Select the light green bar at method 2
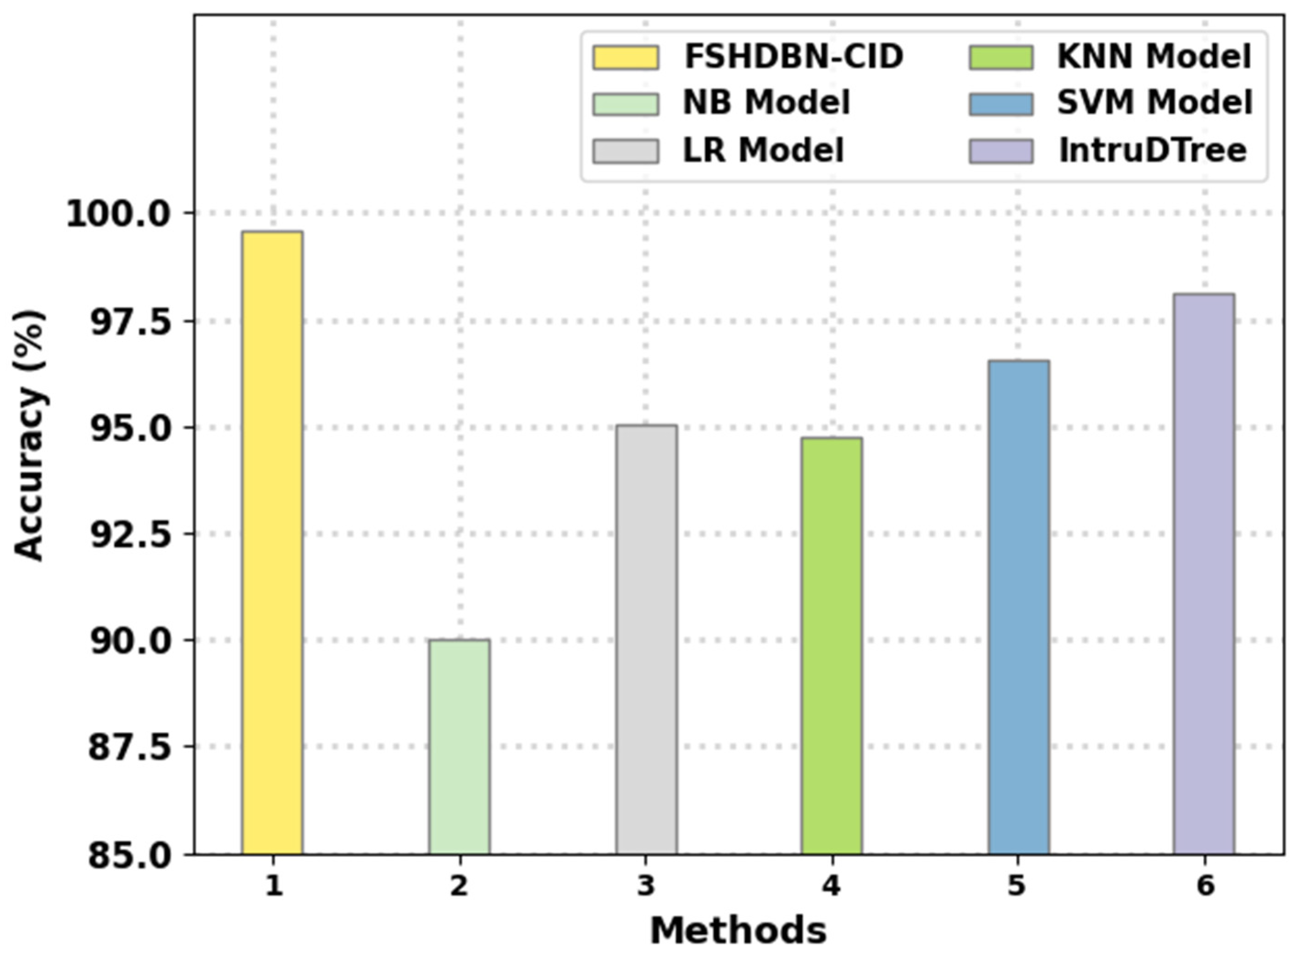pyautogui.click(x=459, y=746)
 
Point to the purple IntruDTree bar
pyautogui.click(x=1204, y=573)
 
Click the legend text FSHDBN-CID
pyautogui.click(x=793, y=57)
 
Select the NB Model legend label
pyautogui.click(x=766, y=104)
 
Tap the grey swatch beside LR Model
pyautogui.click(x=625, y=151)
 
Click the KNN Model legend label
pyautogui.click(x=1154, y=57)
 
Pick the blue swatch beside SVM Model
pyautogui.click(x=1001, y=104)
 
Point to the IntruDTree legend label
pyautogui.click(x=1152, y=151)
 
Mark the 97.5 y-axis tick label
pyautogui.click(x=130, y=322)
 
